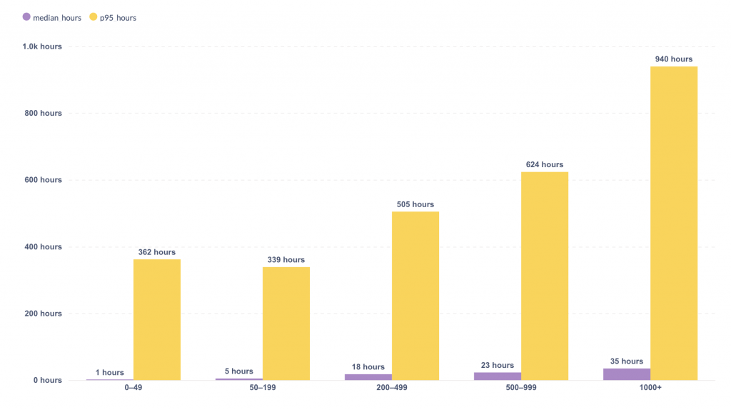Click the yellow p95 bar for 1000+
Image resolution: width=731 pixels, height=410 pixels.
[673, 223]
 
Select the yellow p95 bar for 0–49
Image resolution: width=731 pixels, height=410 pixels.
[157, 319]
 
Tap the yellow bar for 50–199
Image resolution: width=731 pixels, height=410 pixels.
[286, 323]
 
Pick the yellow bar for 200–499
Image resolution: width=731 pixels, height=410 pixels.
[415, 296]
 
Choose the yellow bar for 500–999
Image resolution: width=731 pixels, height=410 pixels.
[545, 276]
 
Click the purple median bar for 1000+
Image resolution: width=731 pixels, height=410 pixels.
[627, 374]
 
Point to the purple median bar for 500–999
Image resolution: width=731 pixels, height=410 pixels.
[498, 376]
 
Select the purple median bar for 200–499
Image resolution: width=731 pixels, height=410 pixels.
[368, 377]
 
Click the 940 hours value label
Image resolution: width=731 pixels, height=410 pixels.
[673, 59]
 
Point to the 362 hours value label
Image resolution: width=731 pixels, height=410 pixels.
[157, 252]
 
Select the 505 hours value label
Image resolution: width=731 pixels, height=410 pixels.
[415, 204]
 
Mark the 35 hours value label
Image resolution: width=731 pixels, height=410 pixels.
[627, 361]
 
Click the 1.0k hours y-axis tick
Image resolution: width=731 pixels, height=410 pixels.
[42, 46]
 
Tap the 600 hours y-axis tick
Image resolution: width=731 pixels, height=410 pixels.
[42, 180]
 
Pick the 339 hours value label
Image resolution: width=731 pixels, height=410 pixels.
[286, 260]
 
